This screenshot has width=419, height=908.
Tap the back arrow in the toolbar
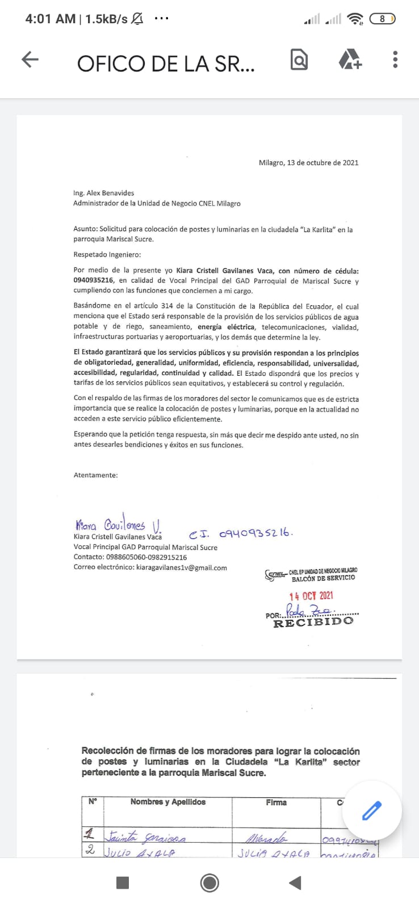coord(30,60)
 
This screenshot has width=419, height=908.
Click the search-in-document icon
coord(299,60)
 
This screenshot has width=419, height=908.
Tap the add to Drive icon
coord(350,60)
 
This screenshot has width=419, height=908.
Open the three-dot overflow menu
coord(395,60)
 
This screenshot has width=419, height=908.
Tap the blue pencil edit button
coord(372,811)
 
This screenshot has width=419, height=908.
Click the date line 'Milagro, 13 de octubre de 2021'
coord(308,163)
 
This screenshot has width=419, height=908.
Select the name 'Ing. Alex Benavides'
coord(103,193)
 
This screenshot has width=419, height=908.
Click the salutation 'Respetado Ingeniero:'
coord(107,255)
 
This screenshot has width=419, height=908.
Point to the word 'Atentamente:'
coord(96,475)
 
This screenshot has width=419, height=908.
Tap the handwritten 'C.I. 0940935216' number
coord(241,533)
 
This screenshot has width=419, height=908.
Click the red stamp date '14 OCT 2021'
coord(311,596)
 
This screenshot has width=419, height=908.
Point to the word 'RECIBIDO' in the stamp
coord(313,622)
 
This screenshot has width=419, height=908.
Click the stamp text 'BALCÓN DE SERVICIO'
coord(323,578)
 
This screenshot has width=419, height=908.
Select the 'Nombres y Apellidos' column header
coord(168,802)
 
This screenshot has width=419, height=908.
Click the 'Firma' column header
coord(276,802)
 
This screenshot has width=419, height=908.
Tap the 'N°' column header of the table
coord(93,802)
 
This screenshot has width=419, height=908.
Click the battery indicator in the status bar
coord(382,19)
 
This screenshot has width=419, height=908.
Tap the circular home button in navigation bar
coord(209,882)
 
